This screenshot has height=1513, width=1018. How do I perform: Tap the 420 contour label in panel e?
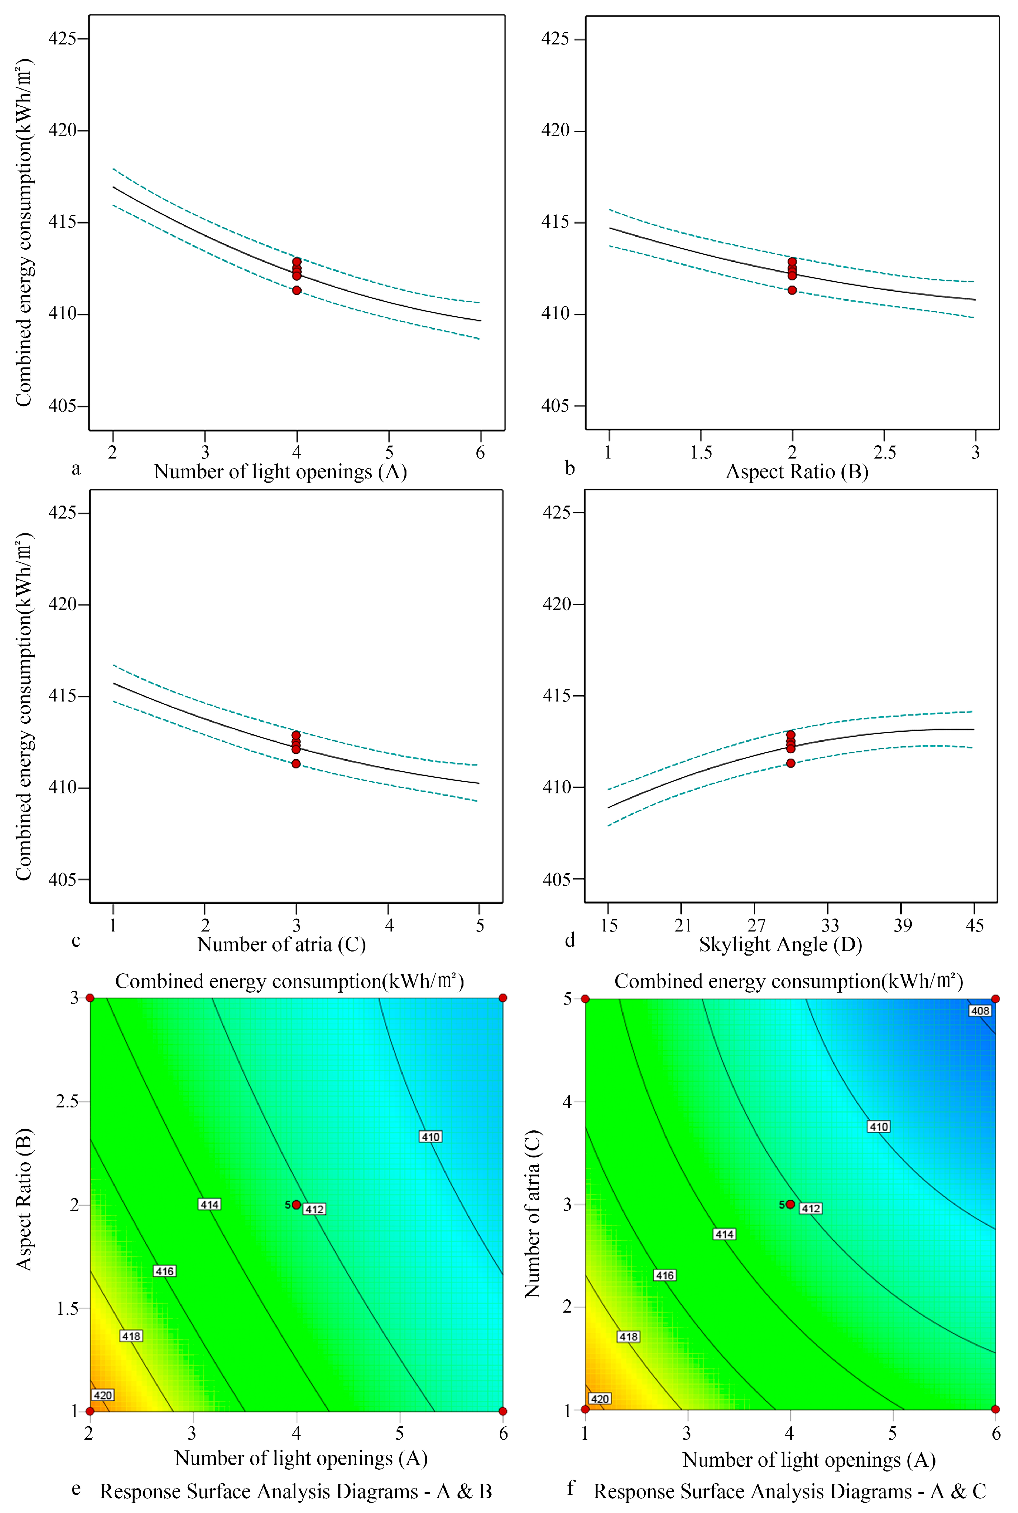click(x=103, y=1395)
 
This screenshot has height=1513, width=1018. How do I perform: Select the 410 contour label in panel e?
click(x=431, y=1136)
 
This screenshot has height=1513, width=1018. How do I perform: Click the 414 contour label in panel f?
click(x=724, y=1234)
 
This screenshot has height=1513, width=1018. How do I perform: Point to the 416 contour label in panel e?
click(x=164, y=1271)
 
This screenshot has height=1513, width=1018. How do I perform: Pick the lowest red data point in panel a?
click(x=297, y=290)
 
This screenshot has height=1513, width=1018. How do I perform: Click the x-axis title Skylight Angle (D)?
click(x=780, y=944)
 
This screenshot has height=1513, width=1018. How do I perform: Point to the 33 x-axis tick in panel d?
click(x=829, y=925)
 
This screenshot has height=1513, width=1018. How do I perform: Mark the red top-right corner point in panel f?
click(x=995, y=999)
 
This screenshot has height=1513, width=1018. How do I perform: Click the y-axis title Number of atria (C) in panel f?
click(x=532, y=1213)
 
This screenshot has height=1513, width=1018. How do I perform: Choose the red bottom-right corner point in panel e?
click(x=502, y=1411)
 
